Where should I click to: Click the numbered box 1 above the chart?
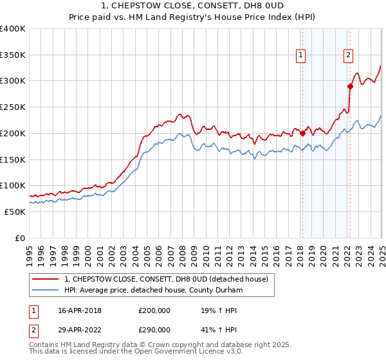(301, 56)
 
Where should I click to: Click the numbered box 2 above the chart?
(348, 56)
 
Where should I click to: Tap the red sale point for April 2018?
(302, 134)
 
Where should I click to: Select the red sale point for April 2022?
(350, 86)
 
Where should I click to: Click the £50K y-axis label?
(15, 212)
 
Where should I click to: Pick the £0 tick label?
(21, 238)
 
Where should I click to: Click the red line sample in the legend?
(46, 278)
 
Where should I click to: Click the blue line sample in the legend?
(46, 290)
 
